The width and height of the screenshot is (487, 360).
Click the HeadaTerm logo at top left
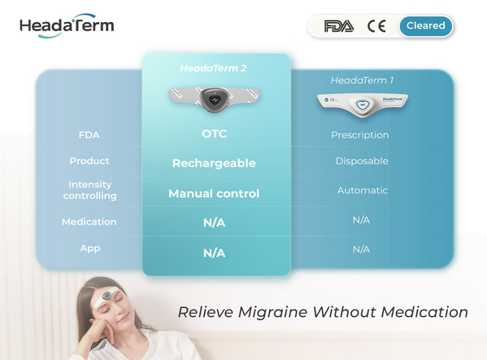coord(67,26)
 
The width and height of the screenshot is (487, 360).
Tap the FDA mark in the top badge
coord(339,26)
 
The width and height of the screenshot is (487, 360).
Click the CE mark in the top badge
coord(376,26)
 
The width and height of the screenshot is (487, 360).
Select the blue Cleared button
coord(426,26)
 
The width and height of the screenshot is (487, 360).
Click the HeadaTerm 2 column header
coord(213,68)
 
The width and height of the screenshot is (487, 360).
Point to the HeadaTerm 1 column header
coord(362,80)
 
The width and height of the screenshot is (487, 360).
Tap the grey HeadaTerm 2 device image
coord(215,99)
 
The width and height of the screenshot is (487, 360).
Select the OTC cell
coord(215,134)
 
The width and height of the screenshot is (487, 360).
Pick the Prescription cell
coord(360,135)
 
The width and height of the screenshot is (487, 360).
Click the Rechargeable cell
coord(214,163)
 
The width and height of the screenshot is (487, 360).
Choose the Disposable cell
coord(362,161)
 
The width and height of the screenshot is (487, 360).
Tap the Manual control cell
coord(214,193)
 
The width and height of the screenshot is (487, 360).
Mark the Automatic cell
coord(363,190)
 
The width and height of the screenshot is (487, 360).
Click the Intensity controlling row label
coord(89,190)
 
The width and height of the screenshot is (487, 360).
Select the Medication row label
coord(89,222)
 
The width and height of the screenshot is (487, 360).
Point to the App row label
coord(90,249)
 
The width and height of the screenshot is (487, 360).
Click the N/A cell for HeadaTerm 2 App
coord(215,253)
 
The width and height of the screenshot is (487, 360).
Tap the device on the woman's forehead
coord(107,297)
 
